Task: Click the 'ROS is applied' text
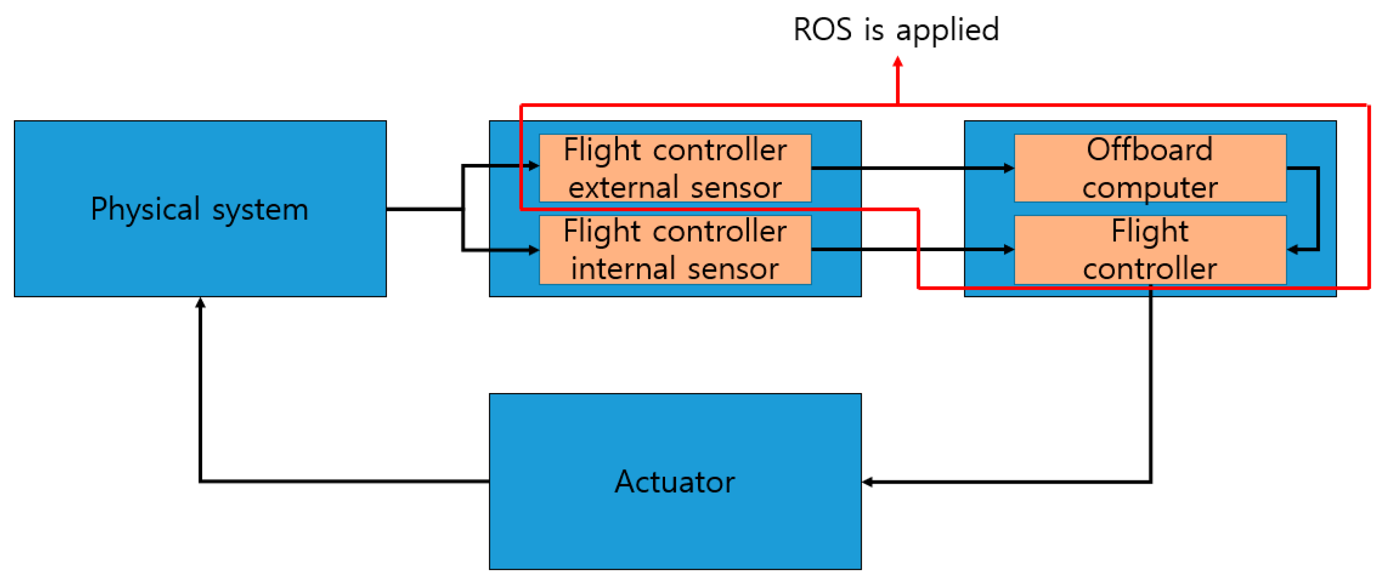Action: tap(896, 29)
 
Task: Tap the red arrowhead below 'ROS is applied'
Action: tap(898, 62)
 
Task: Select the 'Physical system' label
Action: tap(199, 208)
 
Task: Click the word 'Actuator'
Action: tap(675, 481)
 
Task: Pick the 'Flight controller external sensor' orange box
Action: tap(675, 168)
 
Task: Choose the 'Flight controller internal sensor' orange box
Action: tap(675, 250)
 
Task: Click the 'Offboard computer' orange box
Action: tap(1150, 168)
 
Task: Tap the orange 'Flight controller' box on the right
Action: tap(1150, 250)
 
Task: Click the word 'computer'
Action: tap(1150, 187)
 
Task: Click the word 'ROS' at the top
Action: tap(822, 29)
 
